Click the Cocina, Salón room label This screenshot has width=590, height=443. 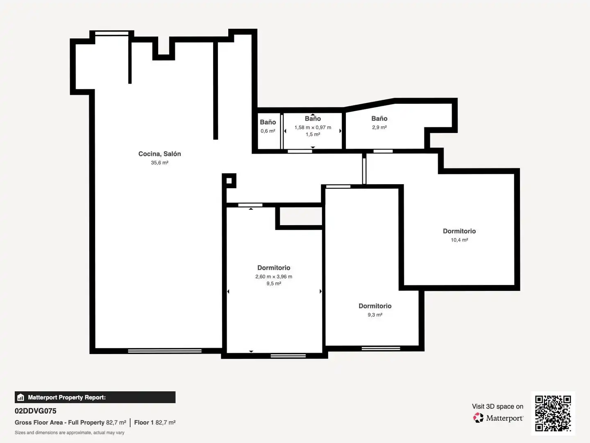159,154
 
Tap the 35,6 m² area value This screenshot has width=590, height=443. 159,162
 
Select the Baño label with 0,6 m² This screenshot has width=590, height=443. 268,122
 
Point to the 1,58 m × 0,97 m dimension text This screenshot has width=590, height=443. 313,128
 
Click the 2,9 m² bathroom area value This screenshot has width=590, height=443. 379,127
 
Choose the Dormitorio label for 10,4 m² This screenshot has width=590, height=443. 459,231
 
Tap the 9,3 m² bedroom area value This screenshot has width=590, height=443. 375,315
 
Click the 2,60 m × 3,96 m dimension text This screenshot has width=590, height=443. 274,276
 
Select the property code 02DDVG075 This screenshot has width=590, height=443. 36,411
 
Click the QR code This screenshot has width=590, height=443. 553,413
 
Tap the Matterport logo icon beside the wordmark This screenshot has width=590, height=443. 478,418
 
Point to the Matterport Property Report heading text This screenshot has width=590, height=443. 67,397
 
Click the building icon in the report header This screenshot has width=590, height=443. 21,397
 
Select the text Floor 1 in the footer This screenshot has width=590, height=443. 144,422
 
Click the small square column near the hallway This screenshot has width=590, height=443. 229,180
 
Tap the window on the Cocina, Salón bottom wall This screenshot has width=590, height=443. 164,351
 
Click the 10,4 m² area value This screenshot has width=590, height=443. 459,240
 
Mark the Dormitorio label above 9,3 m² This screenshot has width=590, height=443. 375,306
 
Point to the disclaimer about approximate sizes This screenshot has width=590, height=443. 69,432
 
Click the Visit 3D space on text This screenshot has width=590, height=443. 497,406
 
